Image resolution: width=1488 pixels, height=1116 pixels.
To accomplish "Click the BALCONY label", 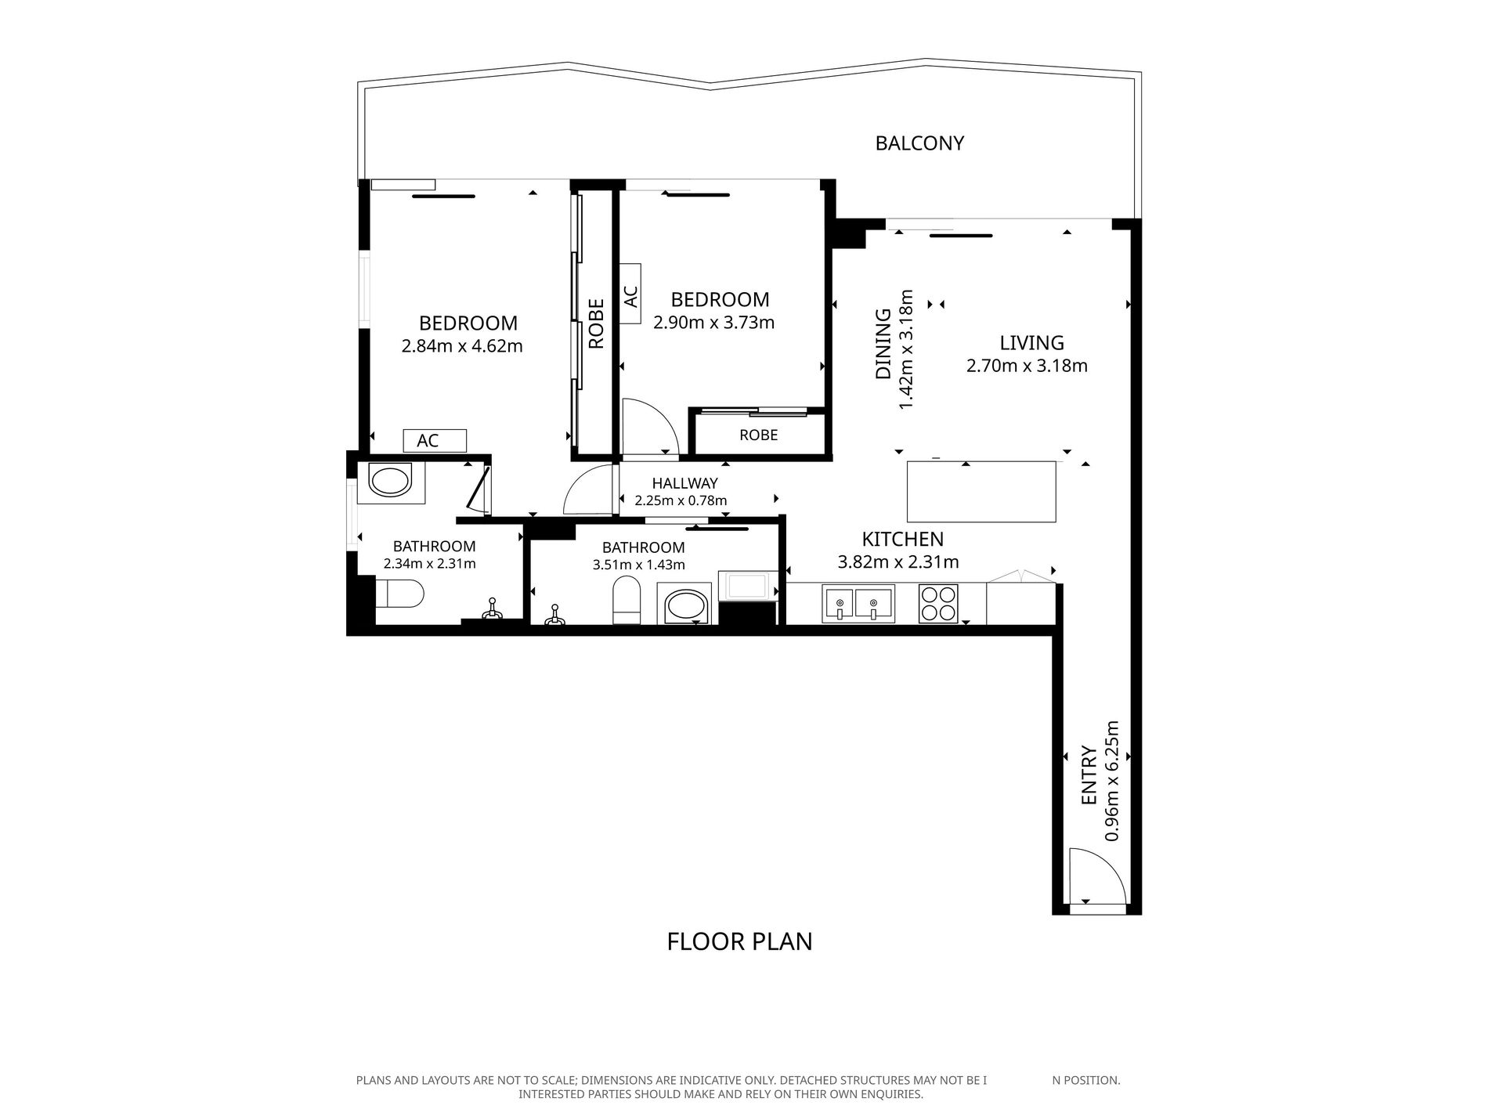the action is (919, 143).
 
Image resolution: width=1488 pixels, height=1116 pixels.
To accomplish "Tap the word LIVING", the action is (1031, 343).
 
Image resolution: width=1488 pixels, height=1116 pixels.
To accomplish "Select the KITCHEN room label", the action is (902, 539).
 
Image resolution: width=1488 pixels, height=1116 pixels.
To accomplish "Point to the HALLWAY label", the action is (684, 484).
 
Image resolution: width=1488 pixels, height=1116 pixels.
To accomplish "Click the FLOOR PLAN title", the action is (739, 941).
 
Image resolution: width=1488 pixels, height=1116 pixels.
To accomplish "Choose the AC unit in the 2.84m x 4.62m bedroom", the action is (435, 441).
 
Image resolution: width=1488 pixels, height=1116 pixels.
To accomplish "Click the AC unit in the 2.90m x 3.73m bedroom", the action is (630, 294).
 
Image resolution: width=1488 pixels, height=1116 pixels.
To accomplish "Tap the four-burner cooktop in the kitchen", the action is (938, 603).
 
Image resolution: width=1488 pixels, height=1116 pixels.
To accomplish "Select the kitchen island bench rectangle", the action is (981, 492).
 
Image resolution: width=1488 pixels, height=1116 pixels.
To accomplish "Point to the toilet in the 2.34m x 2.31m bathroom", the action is (399, 593).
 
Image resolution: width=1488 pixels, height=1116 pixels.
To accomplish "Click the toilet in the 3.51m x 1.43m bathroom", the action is (627, 600).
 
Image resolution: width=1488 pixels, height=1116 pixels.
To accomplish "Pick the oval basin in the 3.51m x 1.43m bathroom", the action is (687, 607).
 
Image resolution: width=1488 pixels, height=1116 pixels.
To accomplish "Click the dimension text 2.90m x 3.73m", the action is (713, 322).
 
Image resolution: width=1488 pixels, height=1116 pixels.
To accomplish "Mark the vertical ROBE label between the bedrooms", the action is (596, 323).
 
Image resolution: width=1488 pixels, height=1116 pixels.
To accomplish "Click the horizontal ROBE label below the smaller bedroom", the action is (758, 435).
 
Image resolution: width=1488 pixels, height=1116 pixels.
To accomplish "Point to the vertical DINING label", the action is (883, 344).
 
